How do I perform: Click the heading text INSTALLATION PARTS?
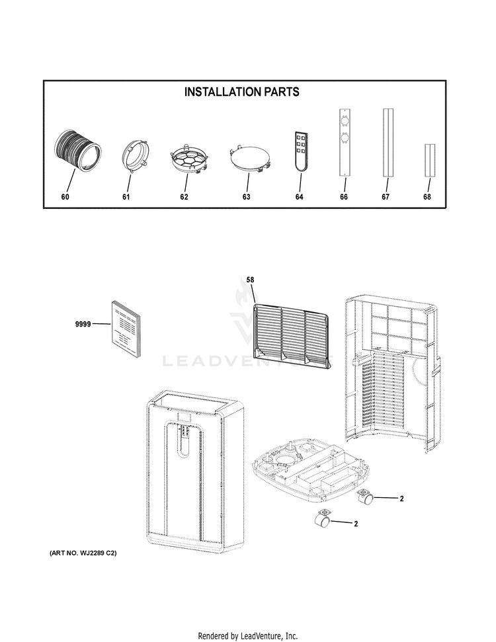click(241, 93)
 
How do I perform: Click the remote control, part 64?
click(300, 151)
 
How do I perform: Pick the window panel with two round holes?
click(344, 142)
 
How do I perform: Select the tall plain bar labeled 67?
click(388, 142)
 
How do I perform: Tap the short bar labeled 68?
click(429, 159)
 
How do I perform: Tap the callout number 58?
click(250, 280)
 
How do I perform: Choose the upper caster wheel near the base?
click(366, 497)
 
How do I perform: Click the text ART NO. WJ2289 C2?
click(83, 553)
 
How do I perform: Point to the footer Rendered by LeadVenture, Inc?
click(248, 635)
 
